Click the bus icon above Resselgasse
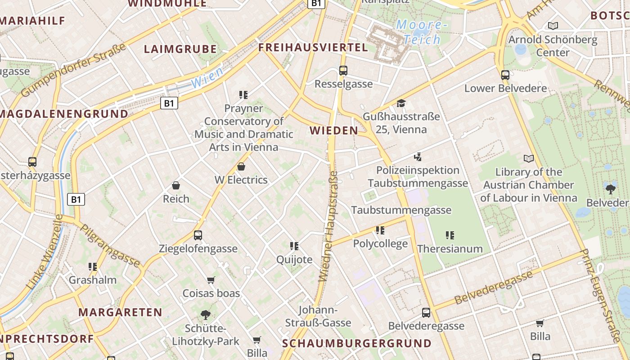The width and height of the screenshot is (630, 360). [x=343, y=71]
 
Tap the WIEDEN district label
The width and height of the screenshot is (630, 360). [x=334, y=131]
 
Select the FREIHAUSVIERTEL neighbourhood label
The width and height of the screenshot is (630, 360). [x=313, y=48]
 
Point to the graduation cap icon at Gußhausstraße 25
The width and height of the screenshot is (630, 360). [x=401, y=103]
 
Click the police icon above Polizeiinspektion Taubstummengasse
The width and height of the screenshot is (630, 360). [x=418, y=157]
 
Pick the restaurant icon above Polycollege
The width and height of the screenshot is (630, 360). [x=380, y=230]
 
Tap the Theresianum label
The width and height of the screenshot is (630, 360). [x=450, y=249]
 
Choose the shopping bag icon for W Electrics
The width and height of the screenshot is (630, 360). [x=241, y=166]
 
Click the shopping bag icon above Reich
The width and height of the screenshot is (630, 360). [x=176, y=185]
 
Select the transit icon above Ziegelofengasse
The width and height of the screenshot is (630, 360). [x=198, y=235]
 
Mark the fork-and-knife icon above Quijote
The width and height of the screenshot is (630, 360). [x=294, y=246]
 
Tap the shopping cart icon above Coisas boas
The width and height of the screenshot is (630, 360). [x=211, y=280]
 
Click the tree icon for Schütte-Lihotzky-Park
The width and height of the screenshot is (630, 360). [x=206, y=315]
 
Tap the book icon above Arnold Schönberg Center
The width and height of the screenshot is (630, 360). [x=553, y=26]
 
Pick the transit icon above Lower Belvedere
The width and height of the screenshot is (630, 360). [x=505, y=75]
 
